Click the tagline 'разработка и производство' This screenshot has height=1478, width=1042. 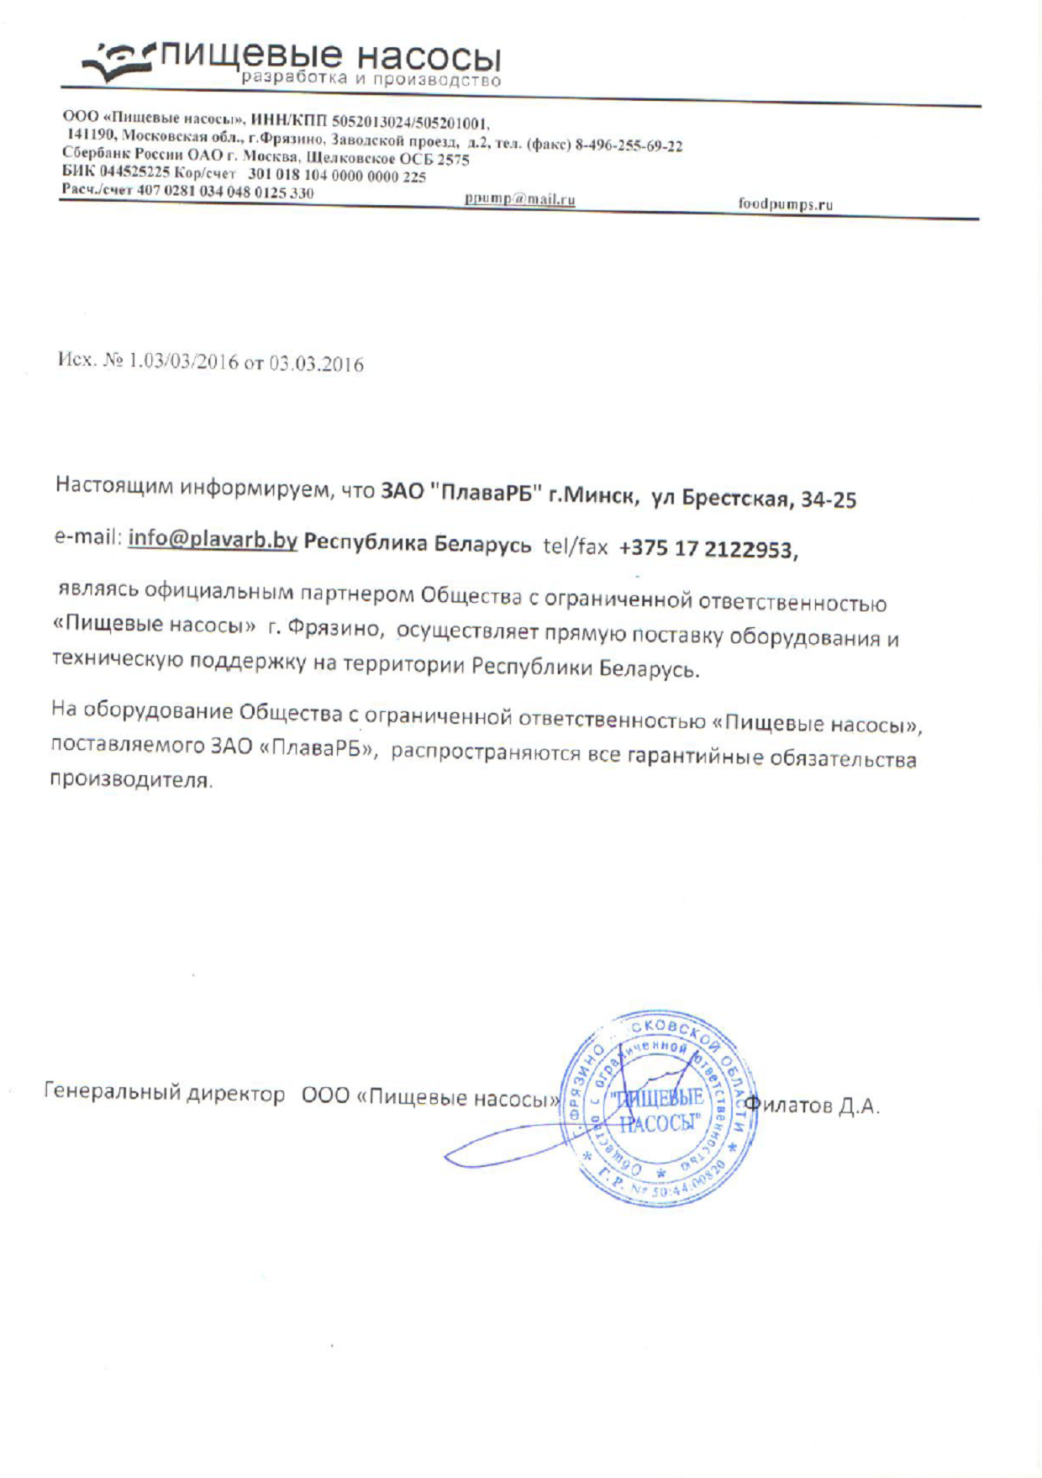pos(371,80)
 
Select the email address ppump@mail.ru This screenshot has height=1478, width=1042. pos(519,200)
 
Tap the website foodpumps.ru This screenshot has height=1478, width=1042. pos(785,204)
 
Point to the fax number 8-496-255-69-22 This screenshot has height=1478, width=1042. pos(628,145)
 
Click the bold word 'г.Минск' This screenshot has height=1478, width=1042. pos(590,496)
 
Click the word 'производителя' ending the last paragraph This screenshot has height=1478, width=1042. pos(130,779)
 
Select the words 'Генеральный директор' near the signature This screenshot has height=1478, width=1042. pos(164,1092)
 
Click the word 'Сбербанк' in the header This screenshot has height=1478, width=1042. pos(93,153)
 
